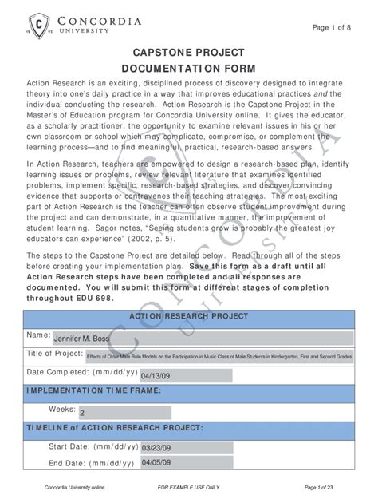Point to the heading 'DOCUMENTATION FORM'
tap(188, 69)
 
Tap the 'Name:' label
tap(39, 334)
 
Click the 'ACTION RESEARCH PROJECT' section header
tap(189, 315)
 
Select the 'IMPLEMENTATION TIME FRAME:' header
tap(94, 391)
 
